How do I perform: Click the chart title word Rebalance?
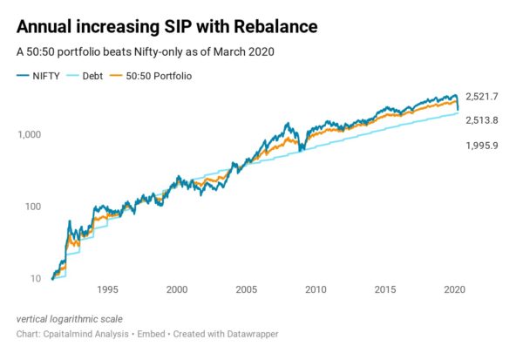tap(275, 26)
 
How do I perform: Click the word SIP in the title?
tap(178, 26)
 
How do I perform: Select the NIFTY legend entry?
tap(38, 76)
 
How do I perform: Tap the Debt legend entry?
tap(85, 76)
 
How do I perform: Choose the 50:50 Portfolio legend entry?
tap(151, 76)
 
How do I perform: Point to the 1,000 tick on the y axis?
tap(30, 134)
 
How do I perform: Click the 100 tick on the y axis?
tap(33, 207)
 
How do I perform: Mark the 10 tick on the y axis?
tap(36, 279)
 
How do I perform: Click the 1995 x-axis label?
tap(107, 289)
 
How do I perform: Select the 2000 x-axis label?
tap(177, 289)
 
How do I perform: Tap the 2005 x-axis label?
tap(246, 289)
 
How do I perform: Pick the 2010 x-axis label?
tap(316, 289)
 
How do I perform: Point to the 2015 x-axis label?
tap(385, 289)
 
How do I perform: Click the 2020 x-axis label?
tap(454, 289)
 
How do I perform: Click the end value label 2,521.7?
tap(482, 97)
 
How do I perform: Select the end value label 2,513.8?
tap(482, 120)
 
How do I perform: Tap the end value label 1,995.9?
tap(482, 146)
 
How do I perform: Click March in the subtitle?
tap(226, 51)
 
